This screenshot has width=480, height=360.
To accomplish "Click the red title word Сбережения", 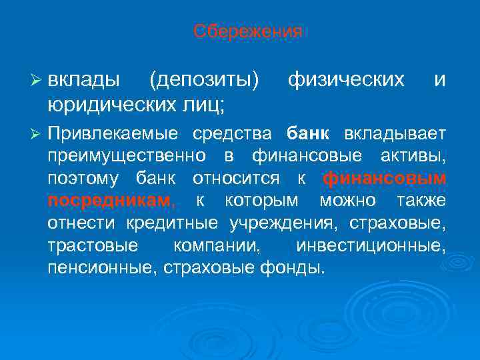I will pos(247,31).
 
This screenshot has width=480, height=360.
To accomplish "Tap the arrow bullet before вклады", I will pos(37,81).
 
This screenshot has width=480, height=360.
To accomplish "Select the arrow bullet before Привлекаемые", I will pos(37,133).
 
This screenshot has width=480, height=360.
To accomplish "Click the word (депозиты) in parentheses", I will pos(204,80).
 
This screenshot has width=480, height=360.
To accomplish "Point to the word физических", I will pos(345,80).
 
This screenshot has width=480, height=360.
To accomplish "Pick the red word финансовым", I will pos(384,178).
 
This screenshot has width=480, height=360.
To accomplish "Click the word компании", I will pos(214,245).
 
